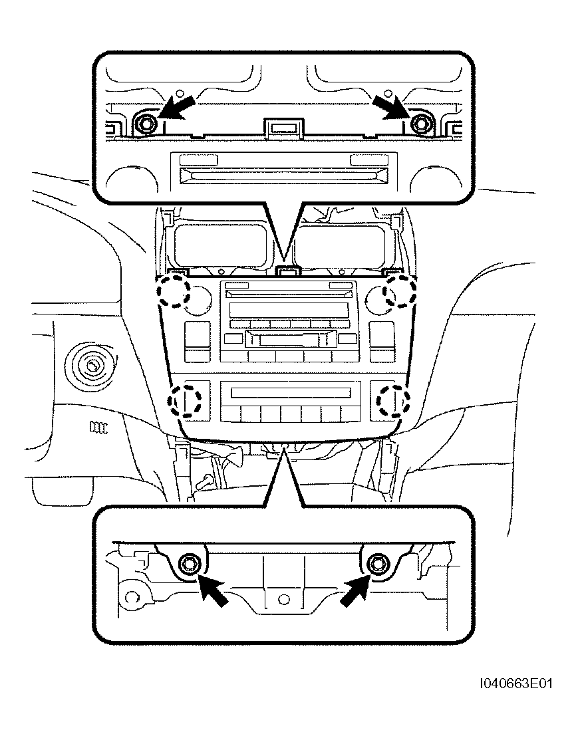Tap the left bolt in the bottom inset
pyautogui.click(x=190, y=563)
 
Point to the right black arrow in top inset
pyautogui.click(x=390, y=106)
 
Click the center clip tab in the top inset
pyautogui.click(x=283, y=128)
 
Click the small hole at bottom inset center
pyautogui.click(x=283, y=599)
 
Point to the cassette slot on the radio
pyautogui.click(x=290, y=338)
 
